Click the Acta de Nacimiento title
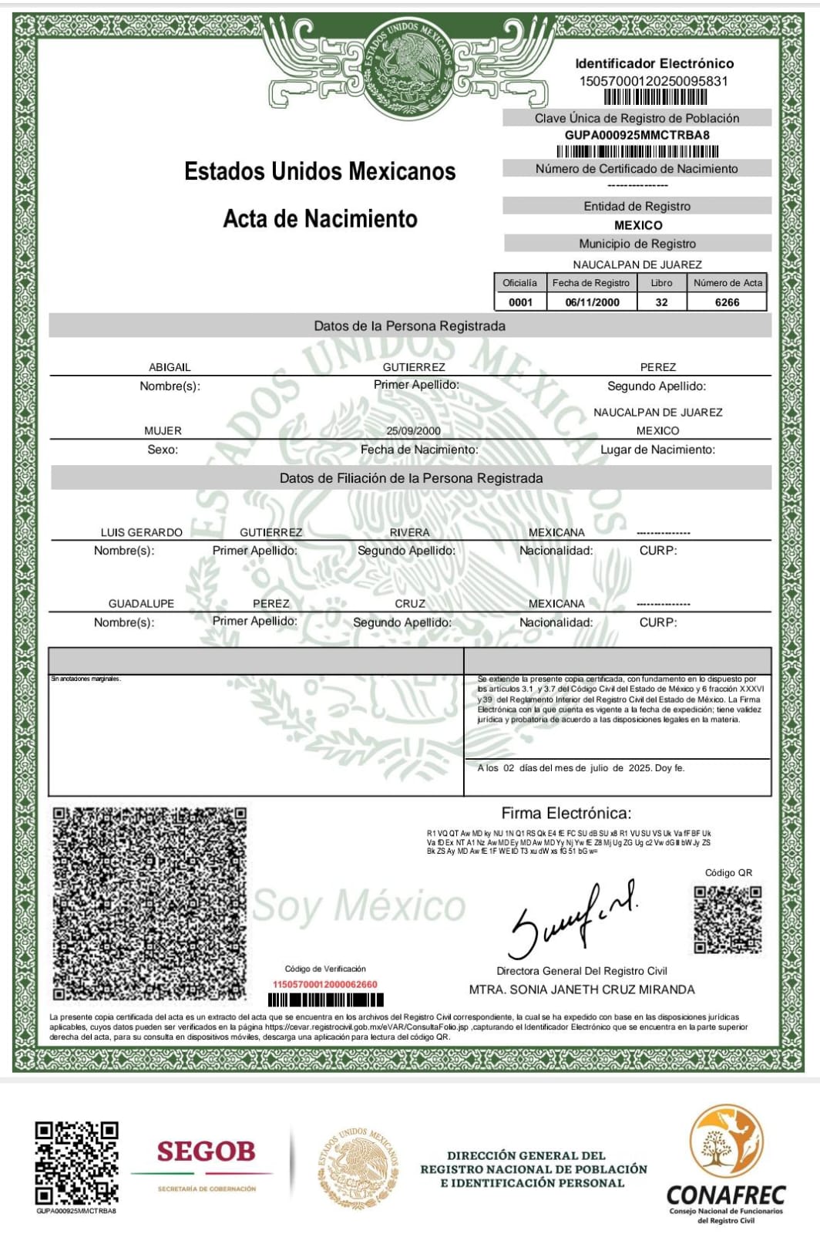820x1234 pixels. coord(320,219)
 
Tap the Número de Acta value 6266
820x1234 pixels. coord(727,302)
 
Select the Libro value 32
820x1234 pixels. coord(661,302)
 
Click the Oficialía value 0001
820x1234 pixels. coord(520,302)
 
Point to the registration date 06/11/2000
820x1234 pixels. coord(592,302)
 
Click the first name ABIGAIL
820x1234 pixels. coord(170,367)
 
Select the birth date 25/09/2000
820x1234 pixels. coord(414,431)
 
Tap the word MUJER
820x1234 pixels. coord(163,431)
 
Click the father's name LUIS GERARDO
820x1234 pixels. coord(142,532)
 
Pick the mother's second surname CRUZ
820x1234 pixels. coord(410,603)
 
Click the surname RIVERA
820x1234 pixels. coord(409,532)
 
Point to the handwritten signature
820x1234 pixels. coord(574,918)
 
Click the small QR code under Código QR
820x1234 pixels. coord(728,919)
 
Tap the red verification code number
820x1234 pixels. coord(325,984)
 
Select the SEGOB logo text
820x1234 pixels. coord(206,1152)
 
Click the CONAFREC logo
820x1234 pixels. coord(726,1165)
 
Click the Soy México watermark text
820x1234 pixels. coord(359,906)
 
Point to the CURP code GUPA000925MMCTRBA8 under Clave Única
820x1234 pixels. coord(637,135)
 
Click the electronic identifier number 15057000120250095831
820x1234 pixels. coord(654,81)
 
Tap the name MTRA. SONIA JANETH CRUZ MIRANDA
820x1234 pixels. coord(582,990)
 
